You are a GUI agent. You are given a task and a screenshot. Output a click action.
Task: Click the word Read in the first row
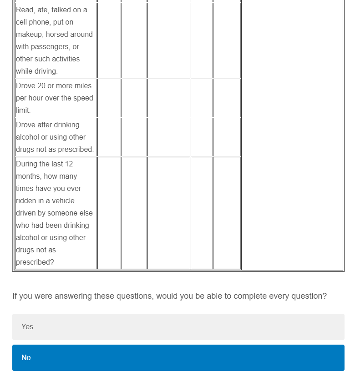pos(24,10)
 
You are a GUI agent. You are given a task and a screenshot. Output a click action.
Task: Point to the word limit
pos(23,110)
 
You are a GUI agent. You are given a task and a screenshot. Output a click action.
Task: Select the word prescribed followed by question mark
pos(35,262)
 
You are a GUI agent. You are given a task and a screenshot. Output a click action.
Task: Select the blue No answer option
pos(178,357)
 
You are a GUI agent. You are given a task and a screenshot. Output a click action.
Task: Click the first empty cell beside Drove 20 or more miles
pos(109,98)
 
